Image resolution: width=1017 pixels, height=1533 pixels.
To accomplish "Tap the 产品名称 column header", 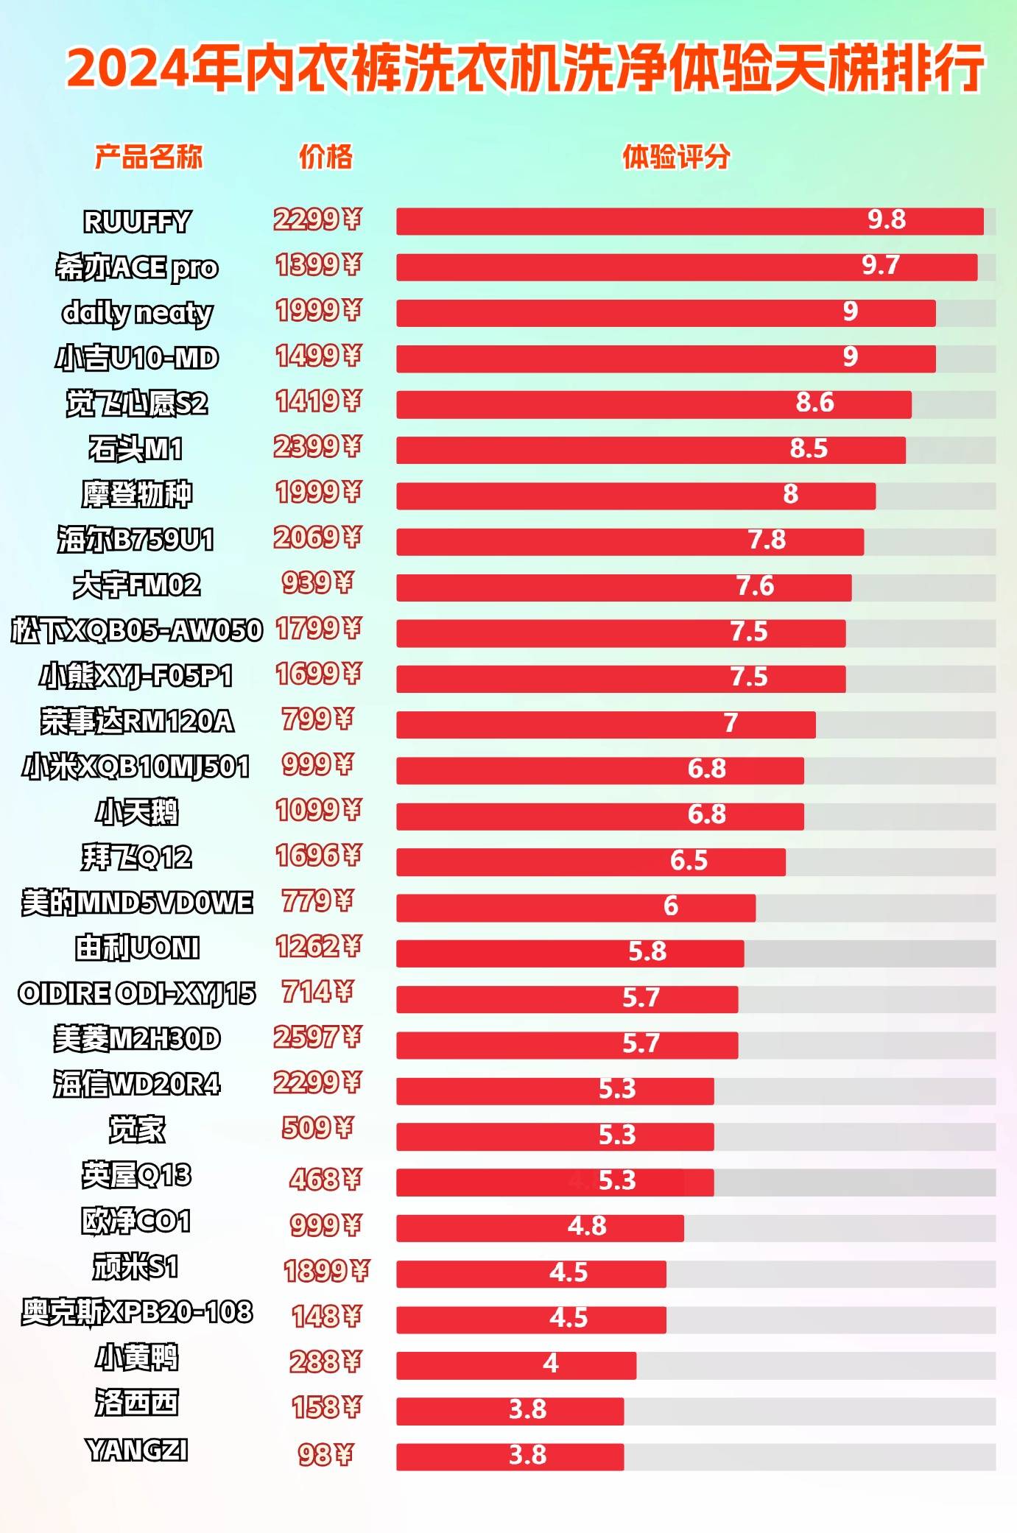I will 148,157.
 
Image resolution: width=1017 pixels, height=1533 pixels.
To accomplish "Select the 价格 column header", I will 325,157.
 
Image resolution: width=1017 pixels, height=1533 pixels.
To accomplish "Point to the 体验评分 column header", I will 676,157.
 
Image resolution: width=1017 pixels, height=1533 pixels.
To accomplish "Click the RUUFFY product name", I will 137,222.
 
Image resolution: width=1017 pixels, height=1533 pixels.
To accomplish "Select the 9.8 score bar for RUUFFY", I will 689,222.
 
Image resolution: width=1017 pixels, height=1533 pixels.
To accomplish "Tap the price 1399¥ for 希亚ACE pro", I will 318,265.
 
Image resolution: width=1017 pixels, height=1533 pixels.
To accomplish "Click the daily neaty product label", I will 137,313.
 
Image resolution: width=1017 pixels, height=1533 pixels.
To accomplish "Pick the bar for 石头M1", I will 650,450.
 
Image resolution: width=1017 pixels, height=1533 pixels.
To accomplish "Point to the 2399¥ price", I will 317,447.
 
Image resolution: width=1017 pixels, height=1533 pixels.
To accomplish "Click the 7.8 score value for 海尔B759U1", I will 767,540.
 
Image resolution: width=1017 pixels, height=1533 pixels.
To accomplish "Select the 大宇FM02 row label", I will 137,585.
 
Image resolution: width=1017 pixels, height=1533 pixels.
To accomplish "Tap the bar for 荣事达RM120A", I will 605,725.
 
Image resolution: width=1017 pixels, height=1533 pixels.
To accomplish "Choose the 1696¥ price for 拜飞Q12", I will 318,856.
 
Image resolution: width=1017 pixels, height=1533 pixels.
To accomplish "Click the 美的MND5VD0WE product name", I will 137,903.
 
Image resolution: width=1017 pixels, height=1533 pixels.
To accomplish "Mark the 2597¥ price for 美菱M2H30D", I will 317,1037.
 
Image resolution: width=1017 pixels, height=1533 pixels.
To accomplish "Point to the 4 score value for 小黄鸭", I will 551,1364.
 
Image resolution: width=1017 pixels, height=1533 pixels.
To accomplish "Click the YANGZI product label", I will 137,1450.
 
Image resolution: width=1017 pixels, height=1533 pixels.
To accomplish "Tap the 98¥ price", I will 325,1454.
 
